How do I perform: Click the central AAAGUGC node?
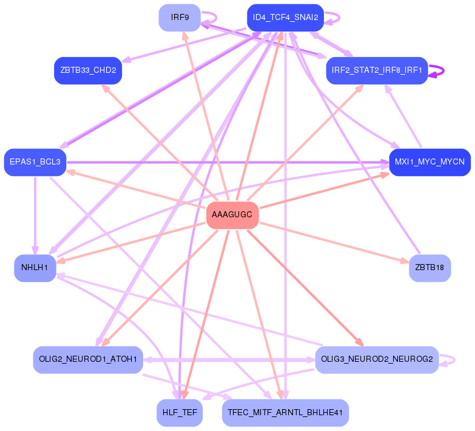coord(233,215)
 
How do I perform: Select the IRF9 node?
coord(180,18)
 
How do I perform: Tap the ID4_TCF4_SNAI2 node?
coord(285,18)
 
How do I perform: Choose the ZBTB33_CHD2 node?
coord(88,70)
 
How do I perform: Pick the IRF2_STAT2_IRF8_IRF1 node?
coord(377,70)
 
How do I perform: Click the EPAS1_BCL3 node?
coord(35,162)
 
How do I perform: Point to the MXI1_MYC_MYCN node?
coord(430,162)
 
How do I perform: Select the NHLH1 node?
coord(35,268)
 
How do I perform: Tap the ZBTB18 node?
coord(430,268)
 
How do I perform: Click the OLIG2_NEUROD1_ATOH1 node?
coord(88,359)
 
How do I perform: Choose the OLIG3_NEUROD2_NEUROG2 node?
coord(377,359)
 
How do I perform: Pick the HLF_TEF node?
coord(180,413)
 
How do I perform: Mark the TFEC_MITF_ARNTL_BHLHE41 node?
coord(285,413)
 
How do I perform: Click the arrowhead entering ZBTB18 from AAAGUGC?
coord(405,262)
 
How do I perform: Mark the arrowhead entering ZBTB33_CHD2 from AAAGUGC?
coord(106,88)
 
